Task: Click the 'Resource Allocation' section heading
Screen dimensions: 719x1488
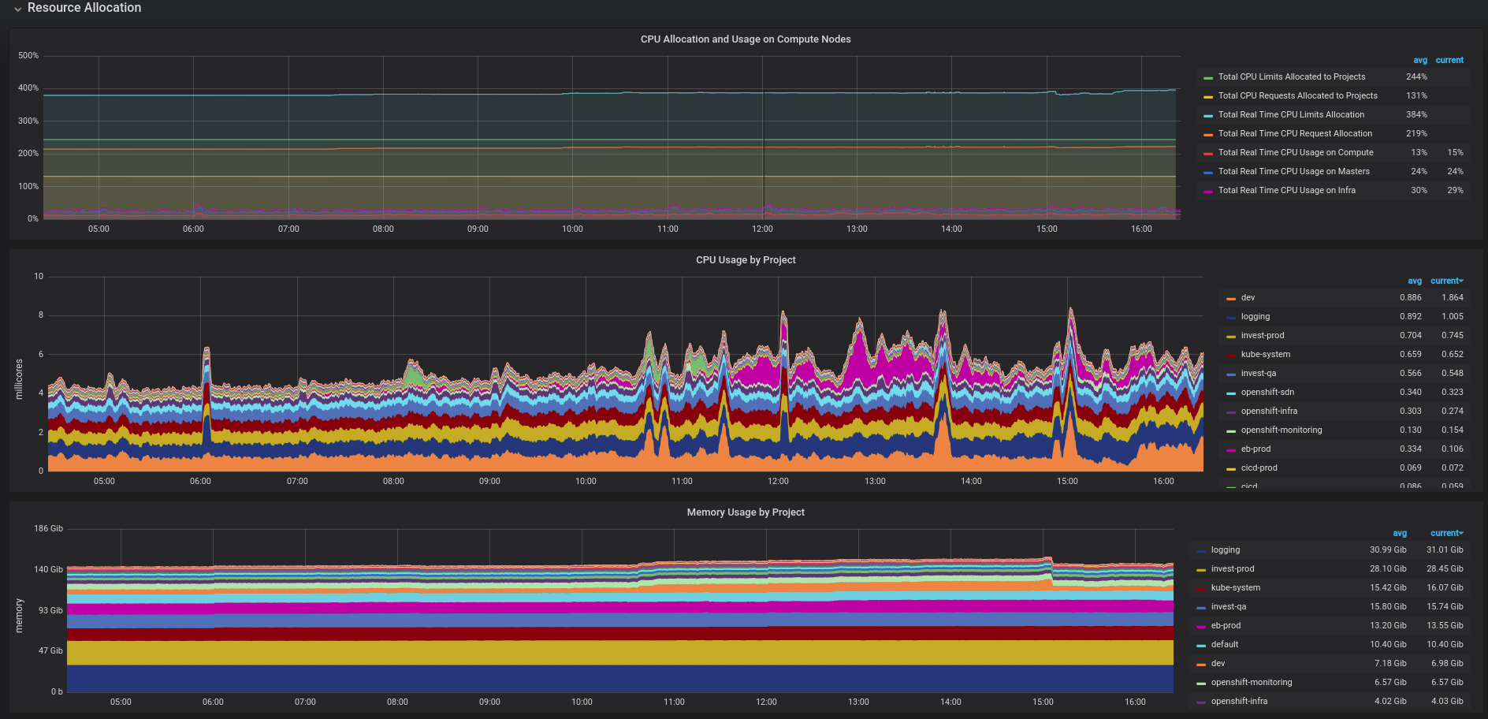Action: pyautogui.click(x=84, y=8)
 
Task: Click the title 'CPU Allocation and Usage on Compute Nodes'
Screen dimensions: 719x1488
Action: pyautogui.click(x=745, y=39)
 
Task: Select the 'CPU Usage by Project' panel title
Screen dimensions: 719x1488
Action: pyautogui.click(x=745, y=260)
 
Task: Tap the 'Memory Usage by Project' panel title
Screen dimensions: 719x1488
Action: pyautogui.click(x=745, y=512)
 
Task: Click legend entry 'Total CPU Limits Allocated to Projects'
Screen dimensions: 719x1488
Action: pyautogui.click(x=1291, y=77)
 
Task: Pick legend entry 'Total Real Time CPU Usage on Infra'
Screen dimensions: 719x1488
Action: pyautogui.click(x=1286, y=191)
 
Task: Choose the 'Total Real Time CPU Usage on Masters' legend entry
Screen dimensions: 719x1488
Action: pyautogui.click(x=1293, y=172)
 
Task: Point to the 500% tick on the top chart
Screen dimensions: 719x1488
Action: pyautogui.click(x=28, y=56)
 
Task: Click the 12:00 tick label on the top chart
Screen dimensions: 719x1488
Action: pyautogui.click(x=762, y=229)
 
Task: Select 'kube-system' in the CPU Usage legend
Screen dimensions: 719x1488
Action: pyautogui.click(x=1265, y=355)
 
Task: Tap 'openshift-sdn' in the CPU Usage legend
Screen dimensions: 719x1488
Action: pyautogui.click(x=1267, y=393)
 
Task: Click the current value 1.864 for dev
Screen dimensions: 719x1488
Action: pyautogui.click(x=1452, y=298)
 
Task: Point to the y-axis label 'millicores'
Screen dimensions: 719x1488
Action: pyautogui.click(x=19, y=379)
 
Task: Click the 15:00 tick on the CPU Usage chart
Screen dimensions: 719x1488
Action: pyautogui.click(x=1067, y=482)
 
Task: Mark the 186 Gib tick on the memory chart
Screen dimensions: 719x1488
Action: pyautogui.click(x=48, y=529)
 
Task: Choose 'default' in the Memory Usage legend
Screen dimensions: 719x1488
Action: pyautogui.click(x=1224, y=645)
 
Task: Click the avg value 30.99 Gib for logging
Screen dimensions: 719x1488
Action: pyautogui.click(x=1387, y=550)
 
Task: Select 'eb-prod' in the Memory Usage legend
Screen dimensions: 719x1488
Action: pyautogui.click(x=1226, y=626)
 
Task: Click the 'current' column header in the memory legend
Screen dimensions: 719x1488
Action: pyautogui.click(x=1445, y=534)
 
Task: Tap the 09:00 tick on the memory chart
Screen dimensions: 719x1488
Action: pyautogui.click(x=489, y=702)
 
